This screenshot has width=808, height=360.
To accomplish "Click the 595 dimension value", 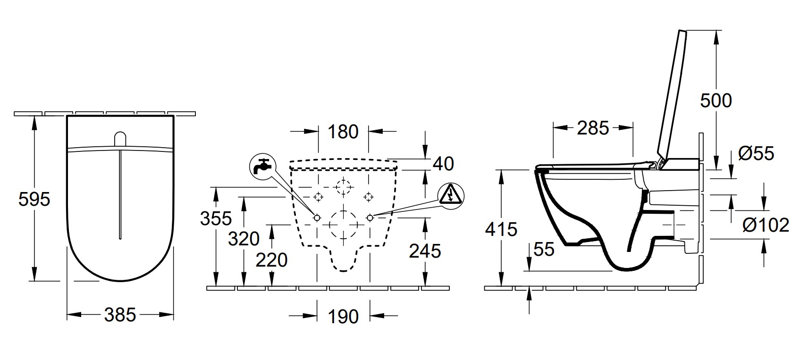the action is coord(34,199).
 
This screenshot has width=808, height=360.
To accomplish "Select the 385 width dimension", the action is coord(120,315).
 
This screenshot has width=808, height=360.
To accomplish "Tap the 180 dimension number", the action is coord(343,132).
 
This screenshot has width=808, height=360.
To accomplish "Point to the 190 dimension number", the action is coord(343,317).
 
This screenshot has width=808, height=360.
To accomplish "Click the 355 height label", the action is coord(216,218).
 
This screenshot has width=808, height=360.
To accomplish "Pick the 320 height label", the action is coord(244,239).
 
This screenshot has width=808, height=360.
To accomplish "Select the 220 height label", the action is coord(272,260).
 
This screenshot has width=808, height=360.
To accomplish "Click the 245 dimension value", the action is coord(425,251).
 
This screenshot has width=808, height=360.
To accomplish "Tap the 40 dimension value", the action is coord(443,164).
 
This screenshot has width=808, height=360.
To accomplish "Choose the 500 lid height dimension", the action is coord(716,100).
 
